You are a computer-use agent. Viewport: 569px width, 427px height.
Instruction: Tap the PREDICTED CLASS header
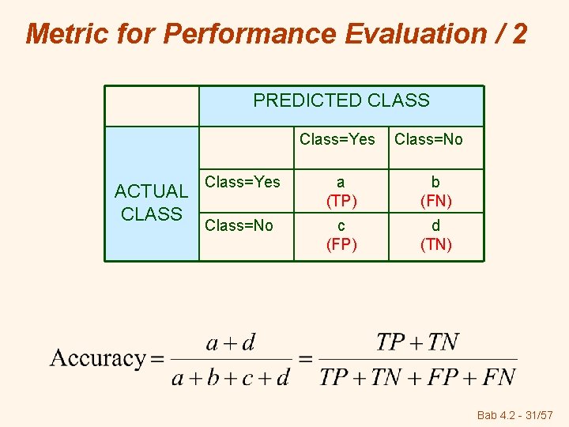(341, 100)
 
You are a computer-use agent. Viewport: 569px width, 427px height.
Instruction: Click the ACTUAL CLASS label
(151, 202)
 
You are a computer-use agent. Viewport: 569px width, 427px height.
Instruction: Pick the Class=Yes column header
(337, 140)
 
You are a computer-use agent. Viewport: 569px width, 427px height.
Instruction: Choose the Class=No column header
(428, 140)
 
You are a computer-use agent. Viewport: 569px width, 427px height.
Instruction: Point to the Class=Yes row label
(243, 182)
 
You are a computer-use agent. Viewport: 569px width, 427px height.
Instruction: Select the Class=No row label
(239, 225)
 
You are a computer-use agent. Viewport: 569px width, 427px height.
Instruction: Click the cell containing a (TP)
(341, 191)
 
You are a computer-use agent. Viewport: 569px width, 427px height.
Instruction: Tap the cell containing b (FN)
(436, 191)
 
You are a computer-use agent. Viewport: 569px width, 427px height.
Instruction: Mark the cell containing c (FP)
(341, 235)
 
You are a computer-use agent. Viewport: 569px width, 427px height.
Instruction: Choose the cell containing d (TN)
(436, 235)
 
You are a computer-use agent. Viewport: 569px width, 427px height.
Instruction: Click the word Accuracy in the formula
(97, 358)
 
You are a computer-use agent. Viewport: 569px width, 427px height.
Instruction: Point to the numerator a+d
(230, 343)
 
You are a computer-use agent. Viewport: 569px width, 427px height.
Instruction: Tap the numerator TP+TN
(417, 342)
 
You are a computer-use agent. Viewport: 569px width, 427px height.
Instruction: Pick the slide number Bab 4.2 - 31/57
(515, 414)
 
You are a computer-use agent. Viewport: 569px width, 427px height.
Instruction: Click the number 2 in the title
(518, 33)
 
